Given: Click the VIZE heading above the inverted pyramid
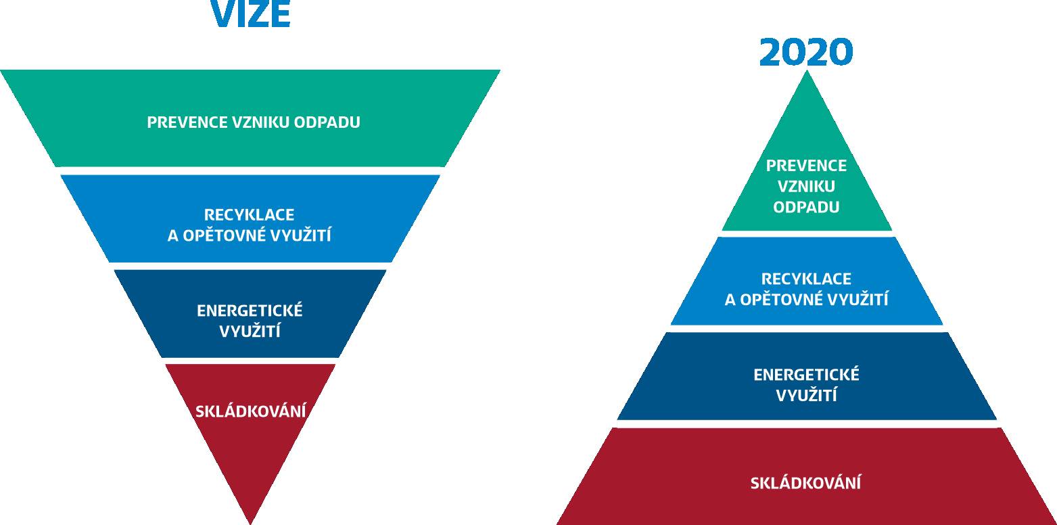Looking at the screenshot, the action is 251,14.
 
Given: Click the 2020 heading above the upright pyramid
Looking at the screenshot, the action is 806,52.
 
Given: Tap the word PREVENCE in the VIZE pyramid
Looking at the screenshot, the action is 187,122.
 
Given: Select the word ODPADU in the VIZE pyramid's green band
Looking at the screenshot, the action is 327,122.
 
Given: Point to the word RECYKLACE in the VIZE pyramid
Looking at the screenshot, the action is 249,215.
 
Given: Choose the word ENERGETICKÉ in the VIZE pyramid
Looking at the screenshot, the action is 250,311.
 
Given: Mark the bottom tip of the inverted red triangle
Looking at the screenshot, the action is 250,523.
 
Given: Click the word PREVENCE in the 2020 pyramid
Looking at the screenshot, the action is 806,166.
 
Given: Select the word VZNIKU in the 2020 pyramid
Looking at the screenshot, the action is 806,187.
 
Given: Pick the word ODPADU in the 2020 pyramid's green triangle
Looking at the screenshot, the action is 806,207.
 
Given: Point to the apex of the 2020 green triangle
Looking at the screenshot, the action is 807,71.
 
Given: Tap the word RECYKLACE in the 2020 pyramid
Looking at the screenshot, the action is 806,279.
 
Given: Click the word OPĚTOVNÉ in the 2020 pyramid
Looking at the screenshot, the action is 782,299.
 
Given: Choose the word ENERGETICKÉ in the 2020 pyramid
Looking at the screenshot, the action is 806,375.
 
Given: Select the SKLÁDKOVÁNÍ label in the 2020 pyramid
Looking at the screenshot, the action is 805,482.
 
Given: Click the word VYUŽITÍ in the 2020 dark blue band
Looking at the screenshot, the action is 806,394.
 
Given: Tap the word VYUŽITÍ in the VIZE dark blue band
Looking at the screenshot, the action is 250,330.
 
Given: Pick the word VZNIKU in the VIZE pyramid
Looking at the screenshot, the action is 260,122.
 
